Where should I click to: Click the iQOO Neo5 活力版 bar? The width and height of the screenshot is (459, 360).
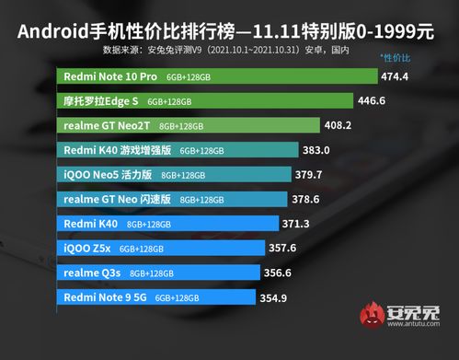[176, 174]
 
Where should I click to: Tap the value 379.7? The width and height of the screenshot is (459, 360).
[316, 174]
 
